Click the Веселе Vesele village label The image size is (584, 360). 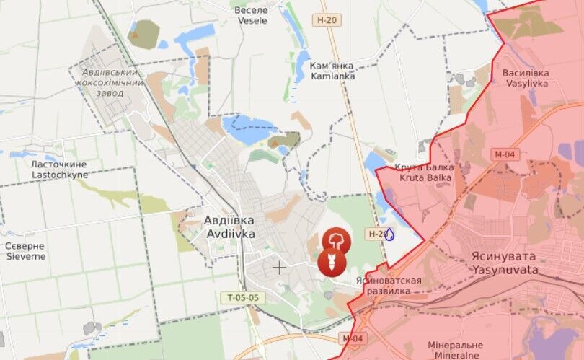tap(251, 15)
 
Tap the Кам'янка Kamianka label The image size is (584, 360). tap(332, 70)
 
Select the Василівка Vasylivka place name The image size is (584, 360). tap(526, 78)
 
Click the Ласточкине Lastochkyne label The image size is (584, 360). tap(59, 170)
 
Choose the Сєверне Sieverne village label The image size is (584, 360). tap(25, 250)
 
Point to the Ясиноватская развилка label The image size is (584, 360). tap(389, 285)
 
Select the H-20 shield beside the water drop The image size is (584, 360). tap(375, 234)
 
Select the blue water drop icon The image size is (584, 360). tap(390, 234)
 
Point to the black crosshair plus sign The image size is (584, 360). tap(279, 268)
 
